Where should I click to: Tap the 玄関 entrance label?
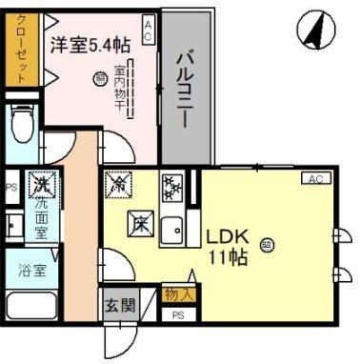120,306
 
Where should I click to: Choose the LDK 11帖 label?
225,246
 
